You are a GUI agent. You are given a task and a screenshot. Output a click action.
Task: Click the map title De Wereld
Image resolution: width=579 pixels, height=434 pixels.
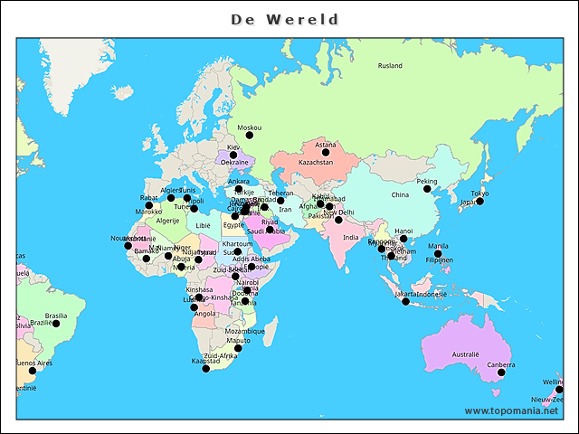(285, 19)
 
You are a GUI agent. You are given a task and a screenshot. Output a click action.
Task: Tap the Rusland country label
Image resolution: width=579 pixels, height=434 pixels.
(390, 66)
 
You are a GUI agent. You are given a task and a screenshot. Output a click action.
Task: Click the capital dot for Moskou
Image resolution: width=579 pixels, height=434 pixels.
(250, 136)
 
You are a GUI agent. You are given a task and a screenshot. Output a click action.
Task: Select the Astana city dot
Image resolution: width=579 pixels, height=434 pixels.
(326, 152)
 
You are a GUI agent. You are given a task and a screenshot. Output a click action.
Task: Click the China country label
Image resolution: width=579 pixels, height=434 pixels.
(400, 194)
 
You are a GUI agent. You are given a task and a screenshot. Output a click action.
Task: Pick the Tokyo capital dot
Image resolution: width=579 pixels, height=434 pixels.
(479, 201)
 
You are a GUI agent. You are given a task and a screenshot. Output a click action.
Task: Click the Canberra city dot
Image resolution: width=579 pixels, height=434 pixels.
(501, 373)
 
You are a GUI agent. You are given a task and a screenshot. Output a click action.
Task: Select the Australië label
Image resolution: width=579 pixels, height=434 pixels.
(465, 354)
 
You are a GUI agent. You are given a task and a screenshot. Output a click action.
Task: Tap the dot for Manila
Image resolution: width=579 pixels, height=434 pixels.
(438, 254)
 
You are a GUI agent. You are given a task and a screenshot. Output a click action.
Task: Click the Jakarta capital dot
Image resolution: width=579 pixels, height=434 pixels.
(405, 301)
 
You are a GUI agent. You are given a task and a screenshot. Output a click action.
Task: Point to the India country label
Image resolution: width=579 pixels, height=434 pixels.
(350, 237)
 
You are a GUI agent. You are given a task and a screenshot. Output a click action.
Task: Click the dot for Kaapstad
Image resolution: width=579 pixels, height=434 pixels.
(205, 368)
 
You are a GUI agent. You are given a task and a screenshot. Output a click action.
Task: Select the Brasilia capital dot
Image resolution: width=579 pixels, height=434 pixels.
(55, 323)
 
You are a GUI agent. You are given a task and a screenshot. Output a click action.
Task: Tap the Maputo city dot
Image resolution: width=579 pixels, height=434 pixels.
(238, 348)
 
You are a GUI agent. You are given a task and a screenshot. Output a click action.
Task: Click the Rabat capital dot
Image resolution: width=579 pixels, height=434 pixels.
(149, 205)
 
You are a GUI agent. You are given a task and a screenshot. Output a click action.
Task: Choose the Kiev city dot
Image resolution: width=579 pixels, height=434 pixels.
(233, 155)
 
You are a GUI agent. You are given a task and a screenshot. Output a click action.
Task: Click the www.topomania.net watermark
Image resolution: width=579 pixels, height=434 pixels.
(511, 411)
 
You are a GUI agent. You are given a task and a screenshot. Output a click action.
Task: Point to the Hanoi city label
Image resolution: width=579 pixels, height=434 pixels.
(403, 231)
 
